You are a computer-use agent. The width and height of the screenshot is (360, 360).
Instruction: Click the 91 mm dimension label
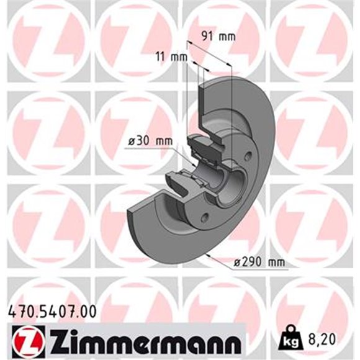tap(220, 36)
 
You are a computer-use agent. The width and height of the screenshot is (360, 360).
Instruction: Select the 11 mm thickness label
tap(171, 57)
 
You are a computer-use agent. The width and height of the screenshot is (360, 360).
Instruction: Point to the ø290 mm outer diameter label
tap(259, 263)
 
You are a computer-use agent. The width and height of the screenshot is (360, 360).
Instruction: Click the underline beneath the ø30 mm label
tap(149, 149)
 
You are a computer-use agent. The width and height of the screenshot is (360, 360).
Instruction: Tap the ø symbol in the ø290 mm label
tap(238, 263)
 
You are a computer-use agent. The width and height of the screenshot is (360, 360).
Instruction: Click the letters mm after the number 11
tap(179, 57)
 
